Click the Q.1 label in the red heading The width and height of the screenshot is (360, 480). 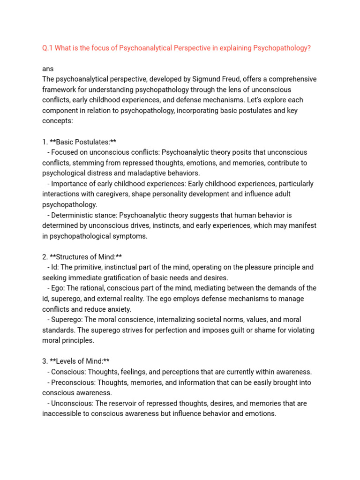tap(48, 48)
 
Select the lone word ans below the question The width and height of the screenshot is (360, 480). tap(48, 68)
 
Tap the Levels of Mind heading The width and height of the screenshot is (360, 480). tap(80, 361)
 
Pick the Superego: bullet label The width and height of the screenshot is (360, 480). tap(67, 320)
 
